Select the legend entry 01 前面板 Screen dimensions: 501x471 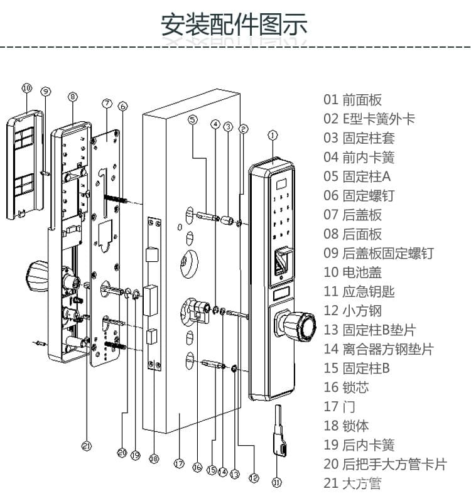(x=352, y=99)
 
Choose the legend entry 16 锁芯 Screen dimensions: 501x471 (x=346, y=387)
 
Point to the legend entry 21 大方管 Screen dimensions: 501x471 (x=352, y=483)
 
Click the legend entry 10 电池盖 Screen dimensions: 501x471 (x=352, y=272)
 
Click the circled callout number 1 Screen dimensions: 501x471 (x=272, y=134)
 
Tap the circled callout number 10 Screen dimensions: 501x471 (x=26, y=89)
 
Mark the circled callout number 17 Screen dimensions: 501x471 (x=178, y=464)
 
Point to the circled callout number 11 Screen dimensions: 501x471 (x=276, y=482)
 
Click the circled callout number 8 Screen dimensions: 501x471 (x=73, y=97)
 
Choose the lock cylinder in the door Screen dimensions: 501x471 (x=197, y=310)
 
